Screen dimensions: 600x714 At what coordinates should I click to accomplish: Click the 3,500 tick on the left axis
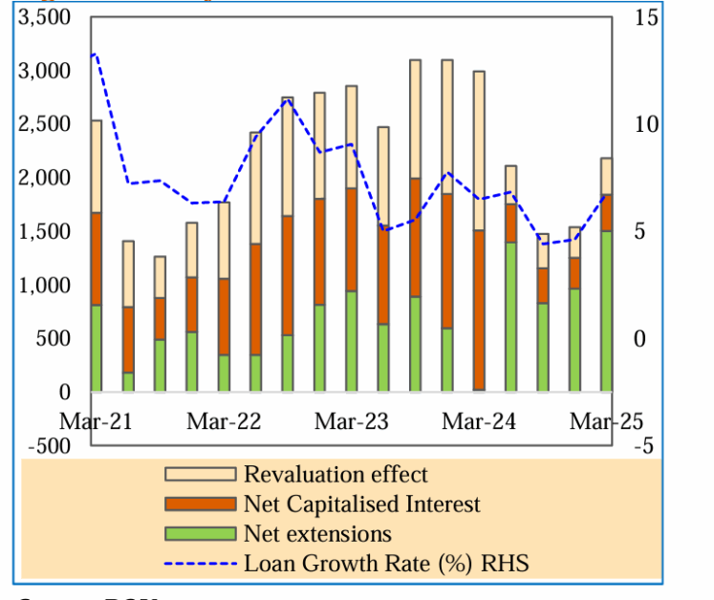tap(46, 17)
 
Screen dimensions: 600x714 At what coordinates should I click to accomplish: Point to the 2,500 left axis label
tap(46, 124)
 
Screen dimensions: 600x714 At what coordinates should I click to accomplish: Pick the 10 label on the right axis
tap(645, 124)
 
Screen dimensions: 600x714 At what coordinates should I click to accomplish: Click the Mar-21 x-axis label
tap(96, 421)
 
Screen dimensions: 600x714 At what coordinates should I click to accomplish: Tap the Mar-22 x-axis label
tap(224, 421)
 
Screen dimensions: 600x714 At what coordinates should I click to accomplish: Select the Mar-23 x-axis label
tap(352, 421)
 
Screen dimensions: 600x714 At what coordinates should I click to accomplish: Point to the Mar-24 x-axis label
tap(479, 421)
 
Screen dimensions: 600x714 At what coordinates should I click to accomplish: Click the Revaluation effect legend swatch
tap(200, 475)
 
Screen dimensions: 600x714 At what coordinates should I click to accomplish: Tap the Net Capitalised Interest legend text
tap(361, 504)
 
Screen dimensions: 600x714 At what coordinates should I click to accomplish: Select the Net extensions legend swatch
tap(200, 533)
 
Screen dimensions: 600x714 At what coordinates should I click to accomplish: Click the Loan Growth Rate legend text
tap(385, 563)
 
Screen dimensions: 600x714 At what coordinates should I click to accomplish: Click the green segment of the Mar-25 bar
tap(606, 311)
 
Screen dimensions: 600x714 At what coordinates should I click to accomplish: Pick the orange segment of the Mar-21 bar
tap(96, 258)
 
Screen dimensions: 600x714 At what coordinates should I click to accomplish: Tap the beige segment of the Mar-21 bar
tap(96, 166)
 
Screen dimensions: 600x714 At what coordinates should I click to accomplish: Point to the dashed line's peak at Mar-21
tap(93, 54)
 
